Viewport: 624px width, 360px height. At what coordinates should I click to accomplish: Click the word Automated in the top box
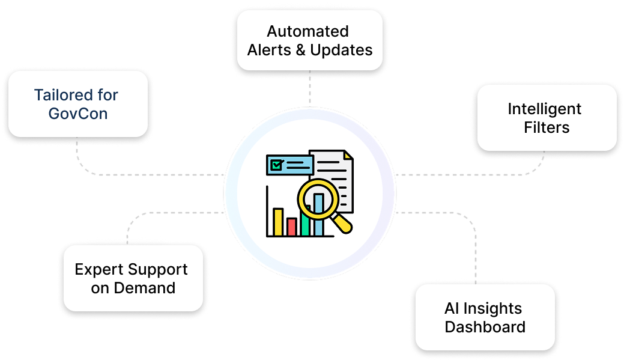point(307,31)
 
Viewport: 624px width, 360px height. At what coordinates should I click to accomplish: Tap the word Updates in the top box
point(341,50)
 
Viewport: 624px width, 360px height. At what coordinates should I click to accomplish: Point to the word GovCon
point(78,113)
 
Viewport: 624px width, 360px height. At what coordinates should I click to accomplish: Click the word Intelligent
point(544,109)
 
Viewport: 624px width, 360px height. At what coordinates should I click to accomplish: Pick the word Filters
point(546,127)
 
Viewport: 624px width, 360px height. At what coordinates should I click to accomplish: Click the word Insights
point(492,309)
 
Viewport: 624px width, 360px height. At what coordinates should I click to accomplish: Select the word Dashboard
point(485,327)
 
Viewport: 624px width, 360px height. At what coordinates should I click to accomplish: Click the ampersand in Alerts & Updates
point(301,50)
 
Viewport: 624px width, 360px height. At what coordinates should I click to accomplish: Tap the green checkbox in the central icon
point(277,164)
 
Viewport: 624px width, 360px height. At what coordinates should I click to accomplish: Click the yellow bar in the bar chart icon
point(278,222)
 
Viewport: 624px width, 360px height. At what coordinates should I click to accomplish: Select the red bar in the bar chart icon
point(292,227)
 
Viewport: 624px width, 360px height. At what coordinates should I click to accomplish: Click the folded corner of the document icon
point(348,156)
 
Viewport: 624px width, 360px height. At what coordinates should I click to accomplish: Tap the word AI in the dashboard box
point(452,309)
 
